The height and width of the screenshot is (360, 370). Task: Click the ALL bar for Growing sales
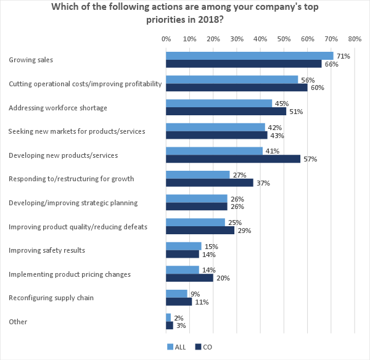(249, 55)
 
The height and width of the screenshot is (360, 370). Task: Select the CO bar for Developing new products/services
(233, 159)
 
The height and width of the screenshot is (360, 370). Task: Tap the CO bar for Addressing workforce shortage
(226, 112)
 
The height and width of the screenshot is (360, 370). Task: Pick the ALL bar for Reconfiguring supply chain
(176, 293)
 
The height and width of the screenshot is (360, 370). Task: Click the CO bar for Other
(170, 325)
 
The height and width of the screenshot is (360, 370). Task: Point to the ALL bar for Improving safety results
(184, 246)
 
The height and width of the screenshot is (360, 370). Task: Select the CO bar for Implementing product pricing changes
(189, 278)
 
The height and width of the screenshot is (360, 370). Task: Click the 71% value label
(343, 56)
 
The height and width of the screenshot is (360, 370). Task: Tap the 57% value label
(310, 159)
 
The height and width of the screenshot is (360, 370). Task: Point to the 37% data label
(263, 183)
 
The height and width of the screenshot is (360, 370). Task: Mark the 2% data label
(179, 317)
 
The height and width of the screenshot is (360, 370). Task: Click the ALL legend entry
(176, 346)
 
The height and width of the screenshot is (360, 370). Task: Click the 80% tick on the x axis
(354, 39)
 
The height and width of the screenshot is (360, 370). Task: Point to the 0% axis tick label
(166, 39)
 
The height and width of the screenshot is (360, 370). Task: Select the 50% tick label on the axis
(284, 39)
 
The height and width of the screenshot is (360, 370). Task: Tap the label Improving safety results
(47, 250)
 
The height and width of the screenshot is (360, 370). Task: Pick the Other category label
(18, 322)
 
